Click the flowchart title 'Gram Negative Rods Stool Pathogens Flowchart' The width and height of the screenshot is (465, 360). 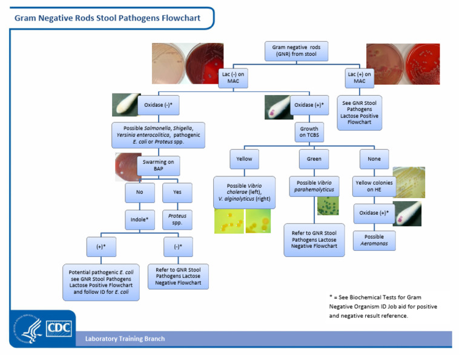tap(107, 18)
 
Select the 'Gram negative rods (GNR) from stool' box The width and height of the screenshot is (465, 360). tap(296, 51)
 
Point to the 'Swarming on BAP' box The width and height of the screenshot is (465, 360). tap(158, 165)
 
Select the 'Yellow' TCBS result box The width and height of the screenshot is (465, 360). tap(244, 159)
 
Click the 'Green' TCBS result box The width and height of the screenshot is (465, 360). tap(314, 159)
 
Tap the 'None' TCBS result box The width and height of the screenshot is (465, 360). tap(374, 159)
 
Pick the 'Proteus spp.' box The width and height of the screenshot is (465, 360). tap(177, 219)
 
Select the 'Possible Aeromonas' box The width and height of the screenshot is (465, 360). tap(374, 240)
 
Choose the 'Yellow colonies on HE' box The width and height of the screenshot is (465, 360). tap(374, 186)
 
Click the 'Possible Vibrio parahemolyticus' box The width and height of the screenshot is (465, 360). tap(314, 187)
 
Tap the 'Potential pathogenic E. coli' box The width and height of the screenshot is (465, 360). tap(101, 282)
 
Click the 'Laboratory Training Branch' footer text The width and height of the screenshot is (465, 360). tap(125, 339)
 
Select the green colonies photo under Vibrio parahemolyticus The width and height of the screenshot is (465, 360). tap(328, 206)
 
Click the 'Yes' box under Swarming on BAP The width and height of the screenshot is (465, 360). tap(177, 193)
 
